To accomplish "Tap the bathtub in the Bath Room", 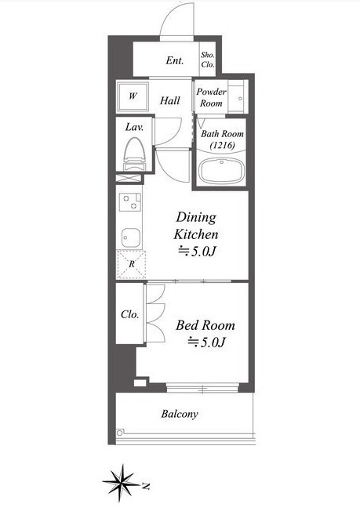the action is (x=222, y=171).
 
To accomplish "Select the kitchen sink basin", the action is (x=131, y=238).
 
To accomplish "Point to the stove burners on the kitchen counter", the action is (x=130, y=201).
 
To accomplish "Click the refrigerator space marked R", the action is (x=131, y=264).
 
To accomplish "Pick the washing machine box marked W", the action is (x=133, y=96).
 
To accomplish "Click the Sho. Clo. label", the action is (x=207, y=60).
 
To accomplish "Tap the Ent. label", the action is (x=175, y=60).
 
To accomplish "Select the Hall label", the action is (x=170, y=100).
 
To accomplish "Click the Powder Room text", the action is (x=211, y=97).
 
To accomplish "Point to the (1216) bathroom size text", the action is (x=223, y=145).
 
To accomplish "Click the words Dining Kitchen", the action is (x=196, y=226).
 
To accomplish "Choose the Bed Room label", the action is (x=205, y=325).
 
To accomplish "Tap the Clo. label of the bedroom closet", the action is (x=129, y=314).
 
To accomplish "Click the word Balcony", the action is (x=180, y=415).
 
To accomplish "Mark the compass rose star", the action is (x=122, y=483).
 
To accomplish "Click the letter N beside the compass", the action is (x=146, y=487).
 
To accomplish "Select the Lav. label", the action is (x=134, y=127).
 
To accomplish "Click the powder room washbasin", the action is (x=236, y=99).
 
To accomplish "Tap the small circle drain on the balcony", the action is (x=120, y=433).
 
